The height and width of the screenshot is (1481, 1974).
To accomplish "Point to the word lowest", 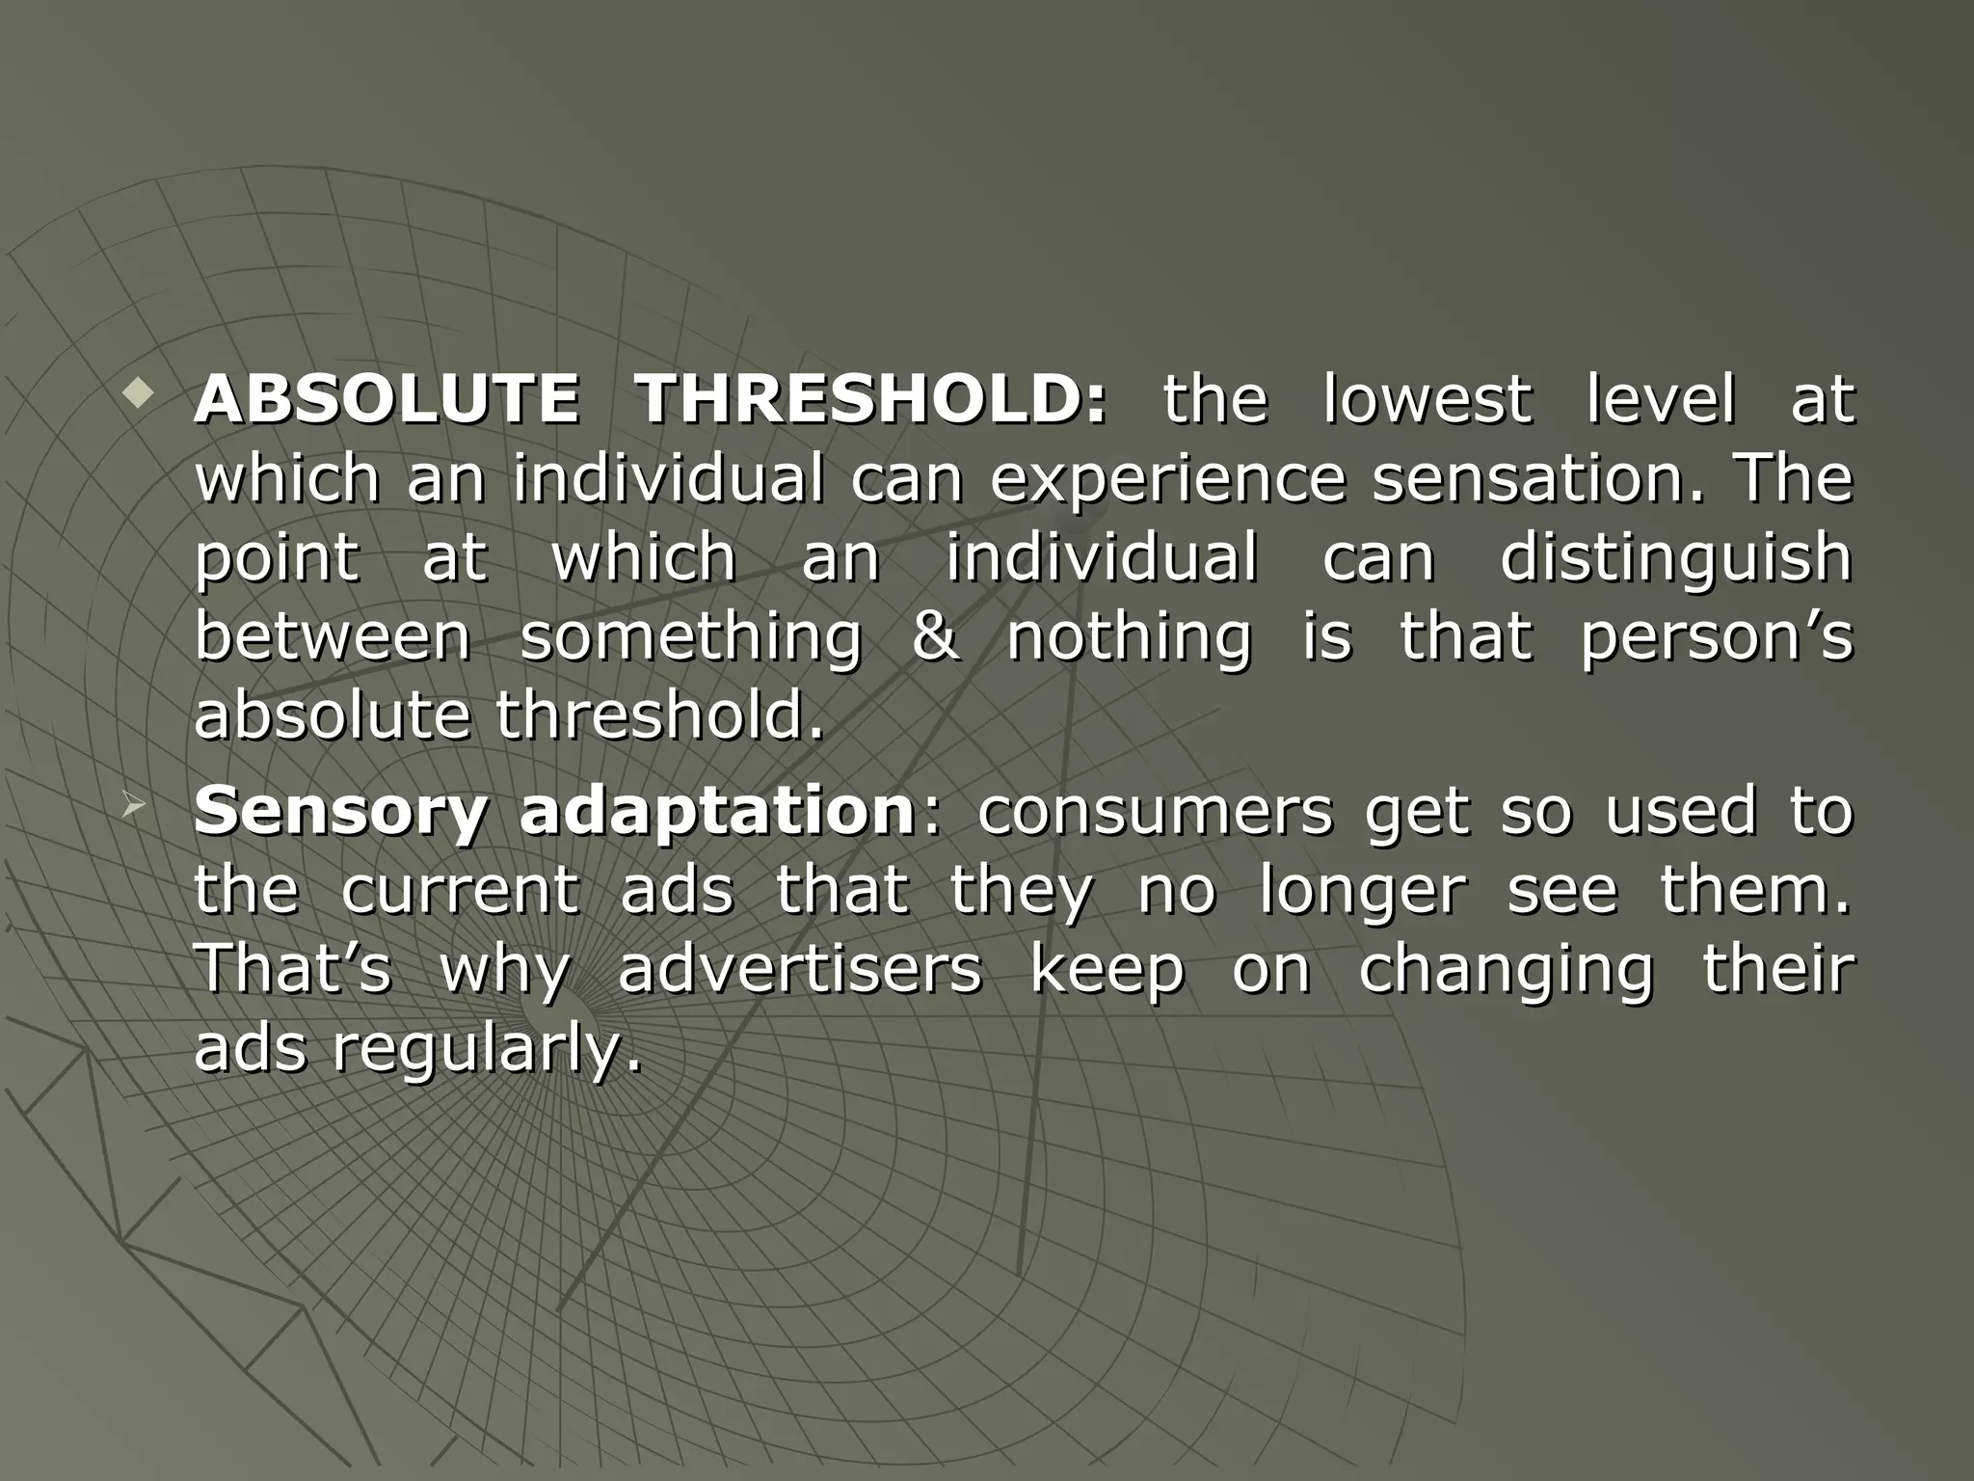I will pyautogui.click(x=1427, y=399).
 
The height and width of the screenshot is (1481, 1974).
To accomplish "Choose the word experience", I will pyautogui.click(x=1167, y=480).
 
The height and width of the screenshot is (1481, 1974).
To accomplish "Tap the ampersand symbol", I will pyautogui.click(x=935, y=637).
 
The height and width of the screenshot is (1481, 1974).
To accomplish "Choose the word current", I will pyautogui.click(x=460, y=891).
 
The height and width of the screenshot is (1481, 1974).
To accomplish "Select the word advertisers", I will pyautogui.click(x=800, y=970).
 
